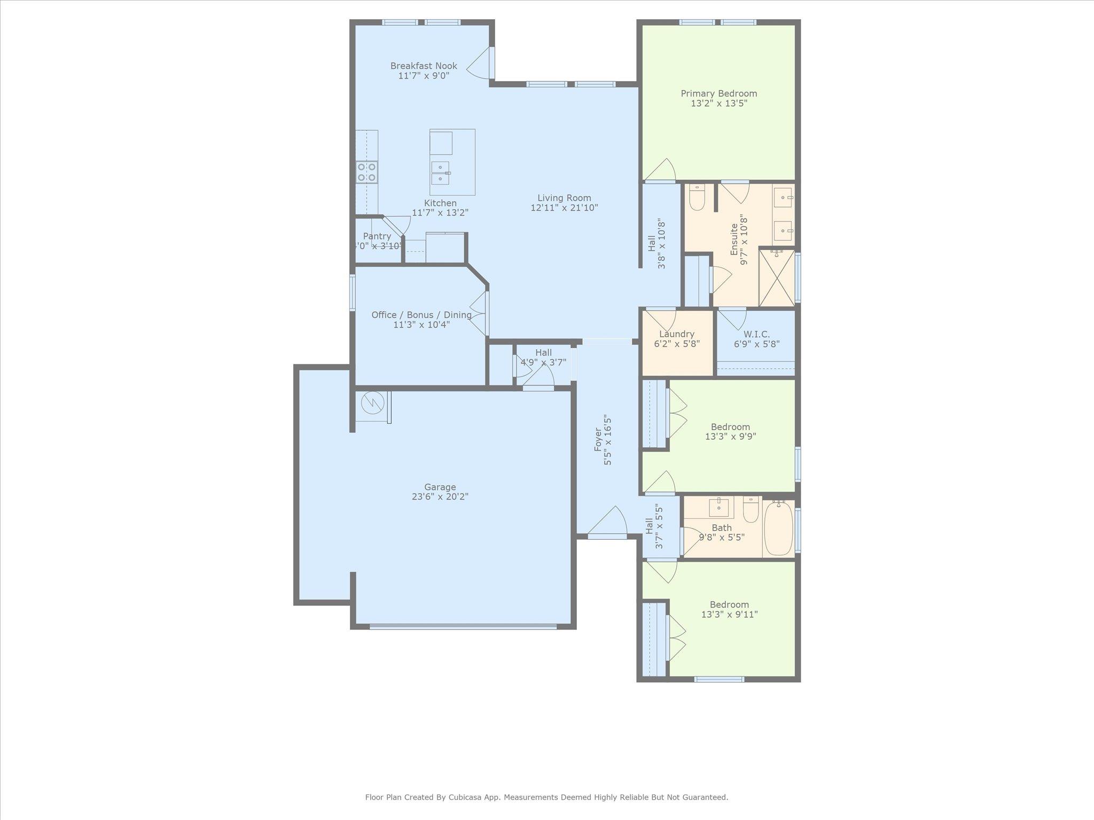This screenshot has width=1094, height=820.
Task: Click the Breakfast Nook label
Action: click(424, 66)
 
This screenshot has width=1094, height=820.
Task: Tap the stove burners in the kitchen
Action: click(367, 172)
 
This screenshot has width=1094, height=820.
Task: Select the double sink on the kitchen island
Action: click(441, 172)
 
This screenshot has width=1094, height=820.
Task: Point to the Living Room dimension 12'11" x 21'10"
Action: click(564, 208)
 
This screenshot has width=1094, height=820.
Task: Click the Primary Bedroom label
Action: click(718, 93)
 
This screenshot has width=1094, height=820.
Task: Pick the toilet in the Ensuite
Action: click(697, 198)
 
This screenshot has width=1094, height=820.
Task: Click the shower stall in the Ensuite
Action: click(776, 278)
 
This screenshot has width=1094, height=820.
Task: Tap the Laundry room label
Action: click(676, 334)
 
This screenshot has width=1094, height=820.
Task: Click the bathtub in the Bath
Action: click(778, 528)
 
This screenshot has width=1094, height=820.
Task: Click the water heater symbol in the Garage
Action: click(373, 403)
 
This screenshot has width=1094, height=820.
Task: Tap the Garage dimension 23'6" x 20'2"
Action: click(440, 496)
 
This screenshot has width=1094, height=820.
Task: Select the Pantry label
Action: click(377, 236)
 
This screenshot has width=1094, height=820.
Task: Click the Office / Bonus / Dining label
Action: click(421, 314)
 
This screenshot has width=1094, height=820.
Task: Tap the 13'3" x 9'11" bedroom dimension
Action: click(729, 614)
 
